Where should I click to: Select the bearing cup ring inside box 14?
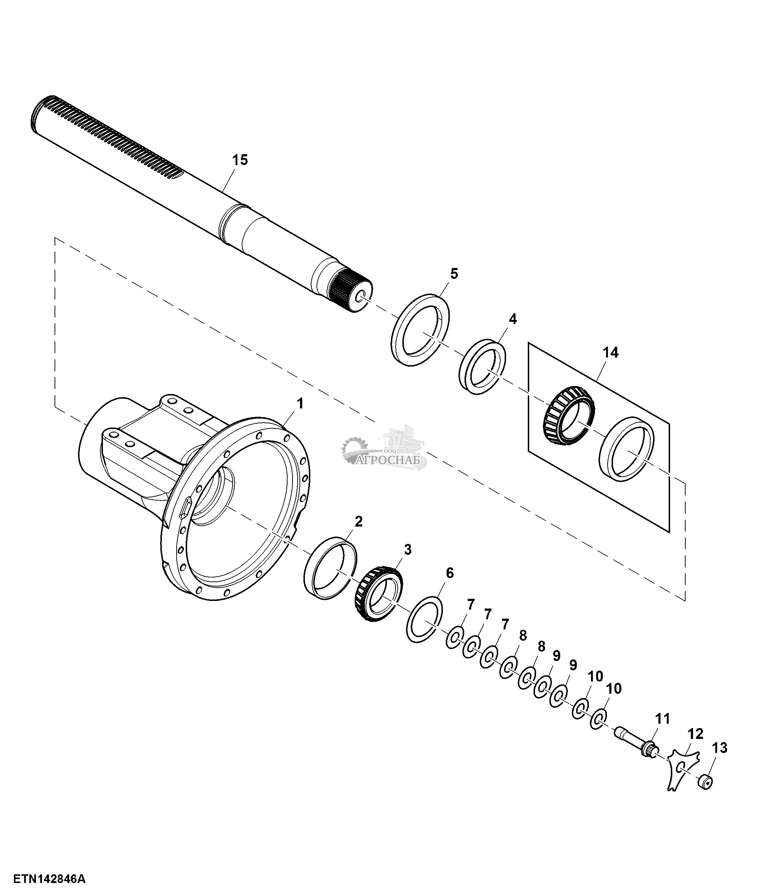click(x=627, y=450)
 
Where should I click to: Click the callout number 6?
click(x=450, y=573)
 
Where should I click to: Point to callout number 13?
click(x=719, y=748)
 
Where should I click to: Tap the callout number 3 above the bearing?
click(x=407, y=550)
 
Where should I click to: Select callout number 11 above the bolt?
click(x=662, y=719)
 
